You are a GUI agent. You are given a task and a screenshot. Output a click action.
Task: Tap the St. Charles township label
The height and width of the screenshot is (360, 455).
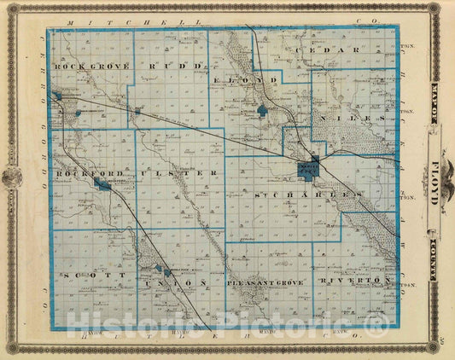click(x=303, y=195)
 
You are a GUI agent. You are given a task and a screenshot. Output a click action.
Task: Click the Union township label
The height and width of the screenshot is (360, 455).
click(x=177, y=281)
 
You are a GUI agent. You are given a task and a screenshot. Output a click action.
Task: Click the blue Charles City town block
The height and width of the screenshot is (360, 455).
click(x=306, y=169)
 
